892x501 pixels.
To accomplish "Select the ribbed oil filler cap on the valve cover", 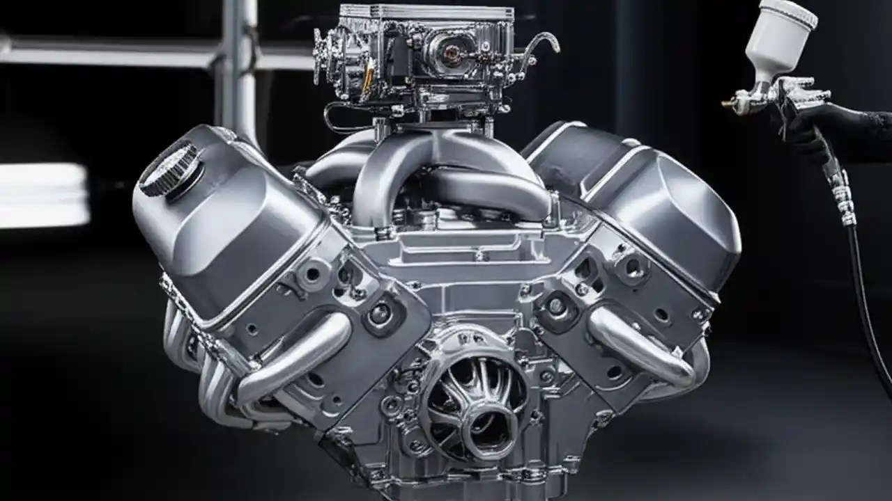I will coord(169,168).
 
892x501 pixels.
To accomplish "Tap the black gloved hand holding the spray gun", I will coord(808,136).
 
